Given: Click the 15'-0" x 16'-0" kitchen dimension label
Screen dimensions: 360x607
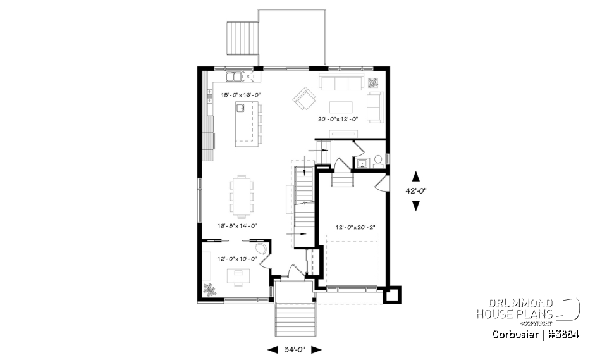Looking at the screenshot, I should (240, 95).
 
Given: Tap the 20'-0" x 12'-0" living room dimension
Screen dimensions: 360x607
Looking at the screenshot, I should (338, 119).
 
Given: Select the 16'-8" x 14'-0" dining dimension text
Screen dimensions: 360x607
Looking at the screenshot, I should (237, 225).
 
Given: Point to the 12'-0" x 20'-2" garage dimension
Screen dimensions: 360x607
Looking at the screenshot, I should (354, 228).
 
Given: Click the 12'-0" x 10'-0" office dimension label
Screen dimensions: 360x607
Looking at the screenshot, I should (237, 258).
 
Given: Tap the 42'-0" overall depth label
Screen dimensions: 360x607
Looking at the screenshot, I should (415, 190).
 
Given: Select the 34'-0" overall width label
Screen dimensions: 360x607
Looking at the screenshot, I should (295, 349).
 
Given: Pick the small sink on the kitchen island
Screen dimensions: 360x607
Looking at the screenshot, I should (241, 108).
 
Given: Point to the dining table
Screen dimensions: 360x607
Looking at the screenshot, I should (242, 196).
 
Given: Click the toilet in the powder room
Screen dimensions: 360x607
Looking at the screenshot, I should (378, 161).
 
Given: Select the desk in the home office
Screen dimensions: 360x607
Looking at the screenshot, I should (239, 274).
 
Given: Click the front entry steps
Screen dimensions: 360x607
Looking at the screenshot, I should (295, 320).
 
